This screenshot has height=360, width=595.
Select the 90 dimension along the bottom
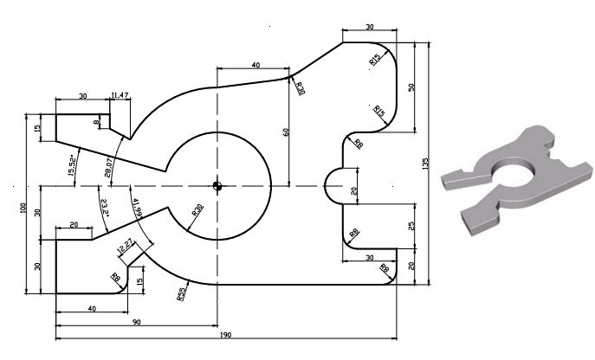[x=137, y=323]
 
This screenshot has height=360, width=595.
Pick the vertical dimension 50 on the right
[x=413, y=87]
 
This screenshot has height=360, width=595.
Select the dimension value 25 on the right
[x=412, y=226]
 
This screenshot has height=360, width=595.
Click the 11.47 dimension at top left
[x=120, y=95]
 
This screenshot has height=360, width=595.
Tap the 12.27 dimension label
[x=126, y=247]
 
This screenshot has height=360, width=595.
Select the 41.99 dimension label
[x=138, y=210]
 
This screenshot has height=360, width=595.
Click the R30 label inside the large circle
[x=198, y=210]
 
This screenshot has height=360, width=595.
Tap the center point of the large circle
[x=217, y=184]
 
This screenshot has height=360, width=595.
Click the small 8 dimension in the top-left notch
[x=96, y=124]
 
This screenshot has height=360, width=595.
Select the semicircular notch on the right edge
[x=335, y=185]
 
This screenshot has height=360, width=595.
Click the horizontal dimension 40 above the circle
[x=255, y=66]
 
